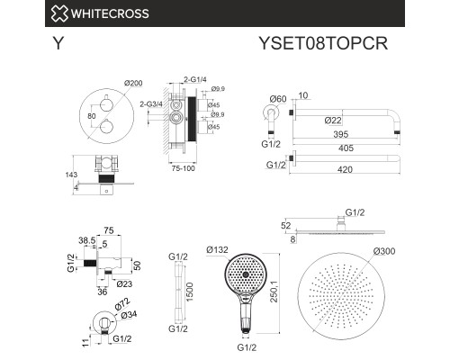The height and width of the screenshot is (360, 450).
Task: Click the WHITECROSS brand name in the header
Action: point(110,13)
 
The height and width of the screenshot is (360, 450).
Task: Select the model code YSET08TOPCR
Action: point(323,43)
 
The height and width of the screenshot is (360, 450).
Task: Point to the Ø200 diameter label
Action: point(133,83)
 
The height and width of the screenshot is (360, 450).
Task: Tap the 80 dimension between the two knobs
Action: point(92,116)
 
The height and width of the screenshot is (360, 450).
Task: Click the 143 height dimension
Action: point(71,175)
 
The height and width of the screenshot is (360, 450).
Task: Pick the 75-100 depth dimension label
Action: point(184,168)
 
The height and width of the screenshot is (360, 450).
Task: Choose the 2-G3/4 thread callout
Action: point(151,104)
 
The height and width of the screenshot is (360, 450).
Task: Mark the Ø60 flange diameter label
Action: point(278,99)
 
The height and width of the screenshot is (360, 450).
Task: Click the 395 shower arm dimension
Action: point(341,134)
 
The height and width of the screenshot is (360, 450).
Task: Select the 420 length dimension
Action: point(345,169)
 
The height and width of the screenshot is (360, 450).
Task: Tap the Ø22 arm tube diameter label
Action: point(333,121)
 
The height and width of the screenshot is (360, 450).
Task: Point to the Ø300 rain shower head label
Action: point(384,251)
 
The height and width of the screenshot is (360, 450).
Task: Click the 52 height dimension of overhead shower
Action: point(286,225)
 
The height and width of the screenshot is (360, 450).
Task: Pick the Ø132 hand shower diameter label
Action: point(218,249)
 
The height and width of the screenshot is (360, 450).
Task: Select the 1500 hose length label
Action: point(190,292)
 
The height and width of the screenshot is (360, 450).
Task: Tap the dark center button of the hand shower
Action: point(246,274)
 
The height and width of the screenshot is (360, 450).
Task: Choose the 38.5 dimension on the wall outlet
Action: point(87,240)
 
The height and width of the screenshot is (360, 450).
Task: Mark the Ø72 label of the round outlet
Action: point(122,304)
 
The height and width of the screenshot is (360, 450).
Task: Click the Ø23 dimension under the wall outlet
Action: point(124,283)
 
